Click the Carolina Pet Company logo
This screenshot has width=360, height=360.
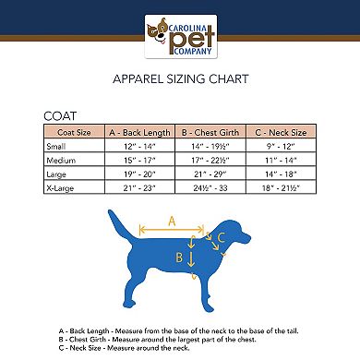tap(179, 37)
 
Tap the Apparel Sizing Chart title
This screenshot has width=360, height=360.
tap(180, 79)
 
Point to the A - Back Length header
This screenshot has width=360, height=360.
tap(138, 132)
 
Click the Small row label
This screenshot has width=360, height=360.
tap(56, 146)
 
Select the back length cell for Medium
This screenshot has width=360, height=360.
tap(138, 160)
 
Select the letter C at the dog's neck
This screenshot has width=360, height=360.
tap(220, 238)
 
